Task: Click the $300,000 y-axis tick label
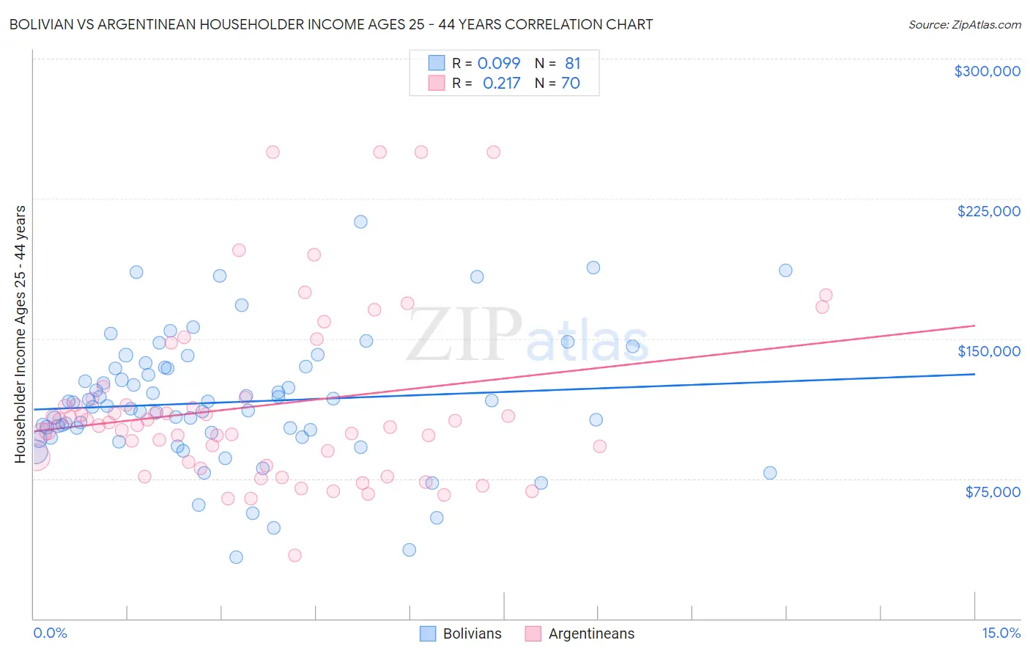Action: tap(987, 71)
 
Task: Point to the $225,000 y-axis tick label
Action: tap(988, 211)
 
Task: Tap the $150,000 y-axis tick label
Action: tap(988, 351)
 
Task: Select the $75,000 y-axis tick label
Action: tap(992, 492)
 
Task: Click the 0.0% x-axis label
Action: tap(50, 633)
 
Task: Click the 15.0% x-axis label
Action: tap(1001, 633)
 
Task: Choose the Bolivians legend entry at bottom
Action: tap(461, 633)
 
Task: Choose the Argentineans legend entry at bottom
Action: tap(579, 633)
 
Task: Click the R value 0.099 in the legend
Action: tap(499, 63)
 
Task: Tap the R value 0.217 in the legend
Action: tap(501, 83)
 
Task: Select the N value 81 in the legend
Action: tap(572, 63)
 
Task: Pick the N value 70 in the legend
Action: tap(570, 83)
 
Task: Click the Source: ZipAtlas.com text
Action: tap(964, 24)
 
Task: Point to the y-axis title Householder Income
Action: tap(20, 334)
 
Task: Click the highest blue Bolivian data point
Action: tap(360, 221)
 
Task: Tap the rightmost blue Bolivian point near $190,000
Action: tap(785, 270)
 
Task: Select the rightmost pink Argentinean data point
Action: tap(826, 295)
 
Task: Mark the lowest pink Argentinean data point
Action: tap(294, 555)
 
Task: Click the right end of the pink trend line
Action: tap(974, 325)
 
